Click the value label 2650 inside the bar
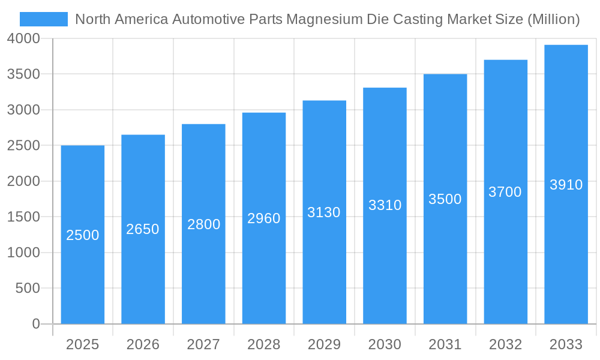coord(143,229)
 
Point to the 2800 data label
coord(203,224)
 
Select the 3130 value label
coord(324,212)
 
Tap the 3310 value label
coord(385,205)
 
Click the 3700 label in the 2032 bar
coord(505,192)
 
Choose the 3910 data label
coord(566,185)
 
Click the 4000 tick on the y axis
coord(24,39)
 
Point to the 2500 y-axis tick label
coord(24,146)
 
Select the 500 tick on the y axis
coord(28,289)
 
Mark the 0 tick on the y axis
coord(35,324)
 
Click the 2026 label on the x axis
coord(143,344)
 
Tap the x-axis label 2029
coord(324,344)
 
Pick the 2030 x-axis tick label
coord(385,344)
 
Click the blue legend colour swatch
coord(44,19)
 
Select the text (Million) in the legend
coord(553,19)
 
